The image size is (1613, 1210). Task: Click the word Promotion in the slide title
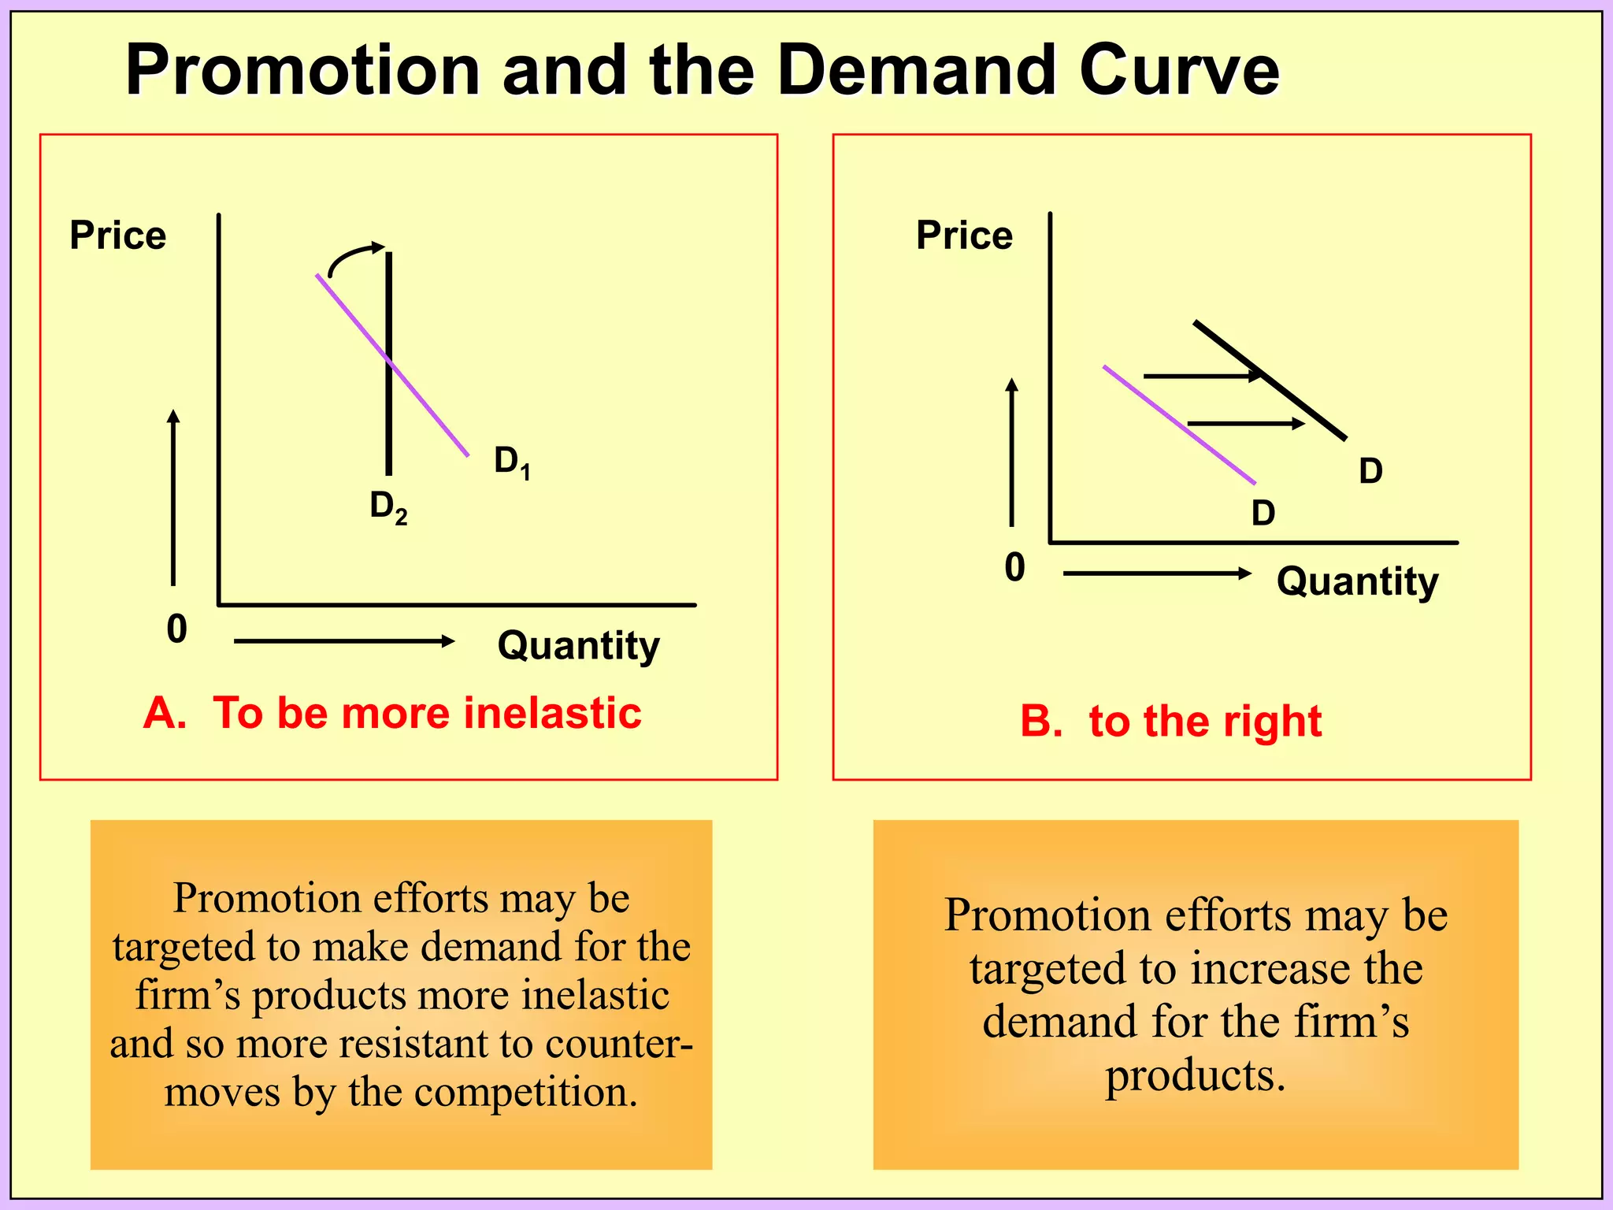(302, 71)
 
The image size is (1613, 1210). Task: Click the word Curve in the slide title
(1179, 71)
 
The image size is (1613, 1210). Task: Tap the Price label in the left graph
(118, 235)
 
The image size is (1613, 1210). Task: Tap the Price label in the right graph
(964, 235)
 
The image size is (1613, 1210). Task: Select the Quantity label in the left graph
(578, 646)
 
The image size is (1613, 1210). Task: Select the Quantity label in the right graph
(1357, 582)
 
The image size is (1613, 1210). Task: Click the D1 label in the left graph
(512, 462)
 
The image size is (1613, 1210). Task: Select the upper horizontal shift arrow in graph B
(1201, 377)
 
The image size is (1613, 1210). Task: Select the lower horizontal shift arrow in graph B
(1244, 424)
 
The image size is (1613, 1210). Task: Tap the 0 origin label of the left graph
(177, 629)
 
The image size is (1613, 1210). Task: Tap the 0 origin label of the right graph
(1014, 567)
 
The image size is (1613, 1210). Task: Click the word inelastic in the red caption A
(552, 714)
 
